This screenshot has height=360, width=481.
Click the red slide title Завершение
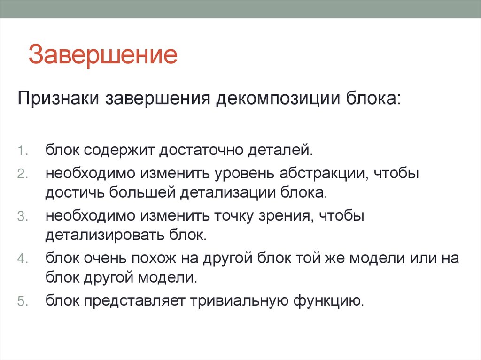tap(103, 55)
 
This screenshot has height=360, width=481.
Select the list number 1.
tap(23, 151)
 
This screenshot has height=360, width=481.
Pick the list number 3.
tap(23, 216)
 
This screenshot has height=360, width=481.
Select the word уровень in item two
tap(246, 173)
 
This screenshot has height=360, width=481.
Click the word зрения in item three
tap(286, 215)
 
